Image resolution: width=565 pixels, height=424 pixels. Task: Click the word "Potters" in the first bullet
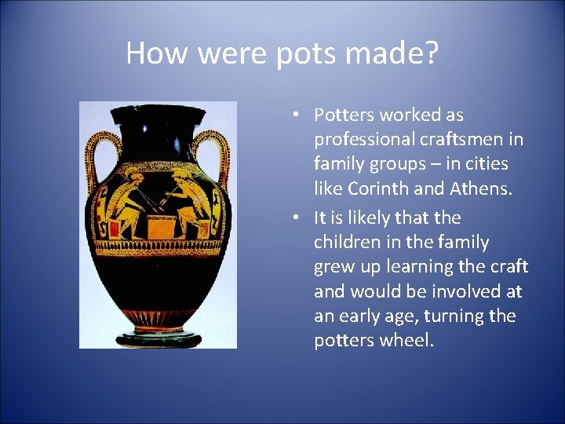(344, 115)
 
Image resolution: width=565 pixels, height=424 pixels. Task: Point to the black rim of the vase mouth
(158, 109)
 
